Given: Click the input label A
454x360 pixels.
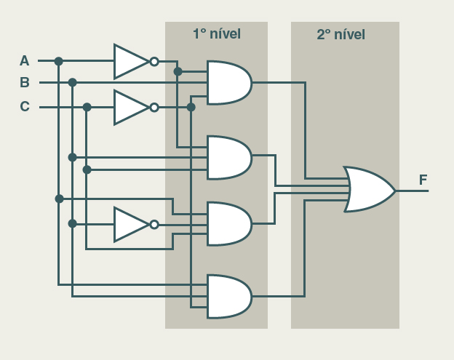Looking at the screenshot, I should pos(25,61).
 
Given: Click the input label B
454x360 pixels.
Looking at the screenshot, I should pos(25,82).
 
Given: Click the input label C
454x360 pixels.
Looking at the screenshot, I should pos(25,107).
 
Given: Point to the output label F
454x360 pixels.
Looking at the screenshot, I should pos(423,180).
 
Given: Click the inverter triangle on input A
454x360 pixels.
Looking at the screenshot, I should pos(130,62).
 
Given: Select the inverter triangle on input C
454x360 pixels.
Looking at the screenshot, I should pos(130,107).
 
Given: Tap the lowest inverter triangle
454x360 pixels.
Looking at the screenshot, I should pos(130,224).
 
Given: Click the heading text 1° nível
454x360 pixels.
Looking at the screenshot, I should pos(216,33).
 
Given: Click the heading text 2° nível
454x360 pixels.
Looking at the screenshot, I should pos(340,34).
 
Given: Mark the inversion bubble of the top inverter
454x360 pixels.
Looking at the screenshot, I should pos(154,62).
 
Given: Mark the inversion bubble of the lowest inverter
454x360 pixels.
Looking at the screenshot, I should pos(154,224).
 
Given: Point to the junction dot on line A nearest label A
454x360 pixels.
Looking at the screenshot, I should pos(59,61).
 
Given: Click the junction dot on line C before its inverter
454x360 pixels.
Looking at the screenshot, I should pos(87,107).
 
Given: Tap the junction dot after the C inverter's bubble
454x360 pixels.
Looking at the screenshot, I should pos(191,107).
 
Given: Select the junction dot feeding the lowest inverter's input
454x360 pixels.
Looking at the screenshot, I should pos(72,223).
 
